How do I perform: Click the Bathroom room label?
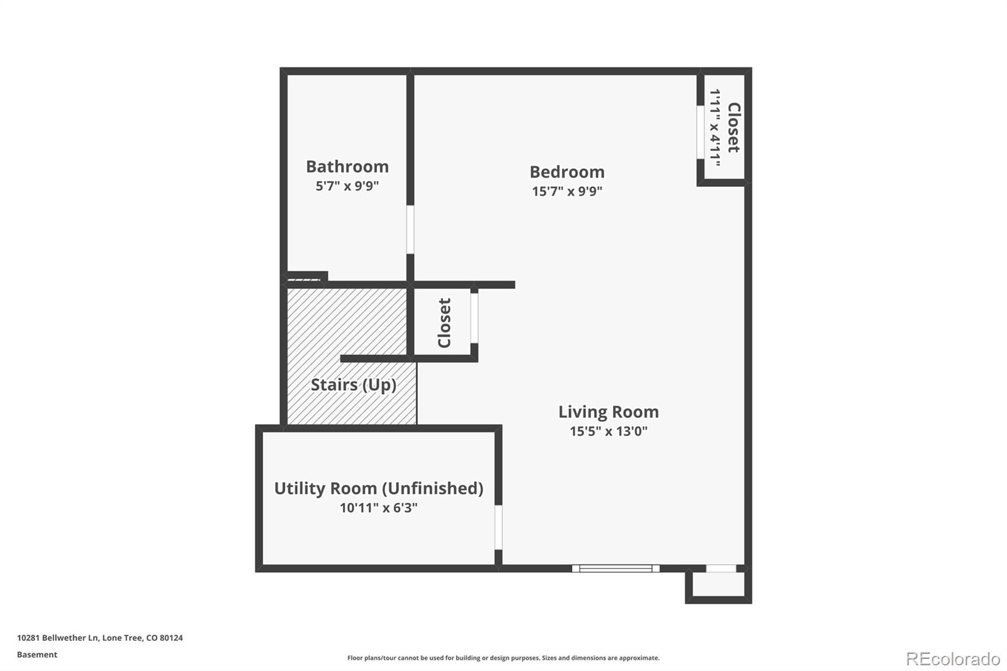click(347, 166)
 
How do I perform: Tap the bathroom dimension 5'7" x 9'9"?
click(347, 186)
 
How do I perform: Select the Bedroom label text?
click(566, 171)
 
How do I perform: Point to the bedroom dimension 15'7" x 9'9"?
click(566, 191)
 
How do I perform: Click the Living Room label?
click(608, 412)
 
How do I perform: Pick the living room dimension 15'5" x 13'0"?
click(608, 431)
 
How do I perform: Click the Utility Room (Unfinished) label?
click(378, 488)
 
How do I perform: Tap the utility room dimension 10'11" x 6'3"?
click(378, 507)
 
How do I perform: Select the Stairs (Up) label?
click(353, 385)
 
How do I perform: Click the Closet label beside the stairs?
click(444, 323)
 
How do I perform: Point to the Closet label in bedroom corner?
click(734, 127)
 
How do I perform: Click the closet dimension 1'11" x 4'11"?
click(715, 127)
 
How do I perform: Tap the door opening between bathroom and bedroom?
click(410, 229)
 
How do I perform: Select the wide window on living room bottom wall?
click(616, 568)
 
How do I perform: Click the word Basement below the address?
click(37, 655)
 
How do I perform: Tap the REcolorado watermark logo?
click(952, 659)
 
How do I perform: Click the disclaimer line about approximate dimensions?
click(503, 658)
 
